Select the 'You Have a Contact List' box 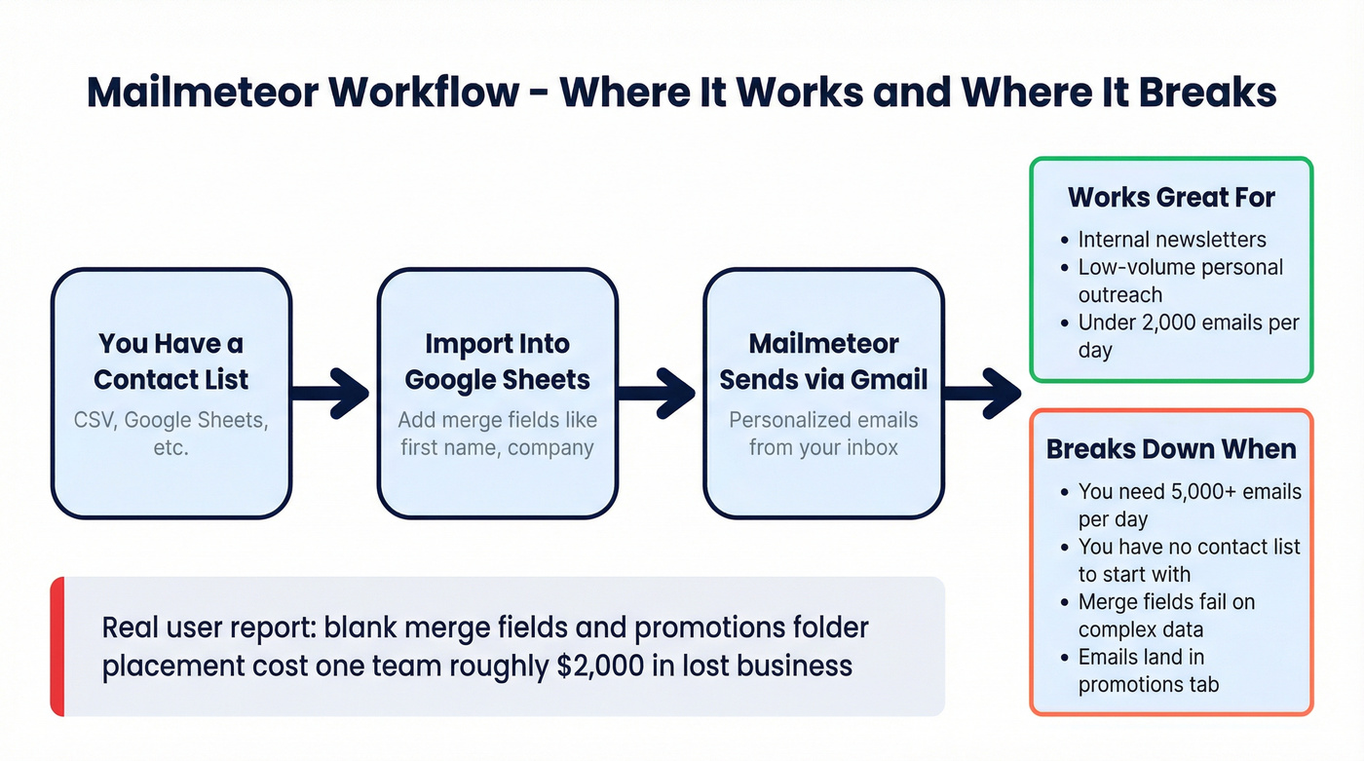click(171, 393)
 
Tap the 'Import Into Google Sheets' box click(497, 393)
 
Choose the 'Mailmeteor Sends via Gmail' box click(823, 393)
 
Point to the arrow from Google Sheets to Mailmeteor click(659, 393)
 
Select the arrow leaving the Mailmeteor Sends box click(984, 393)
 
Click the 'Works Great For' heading click(1171, 197)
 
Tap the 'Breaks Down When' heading click(1171, 449)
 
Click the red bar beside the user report click(57, 646)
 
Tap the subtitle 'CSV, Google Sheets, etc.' click(171, 435)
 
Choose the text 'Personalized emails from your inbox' click(823, 435)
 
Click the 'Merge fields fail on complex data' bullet click(1166, 616)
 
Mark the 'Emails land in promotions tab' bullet click(1149, 670)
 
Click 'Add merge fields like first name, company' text click(497, 435)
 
